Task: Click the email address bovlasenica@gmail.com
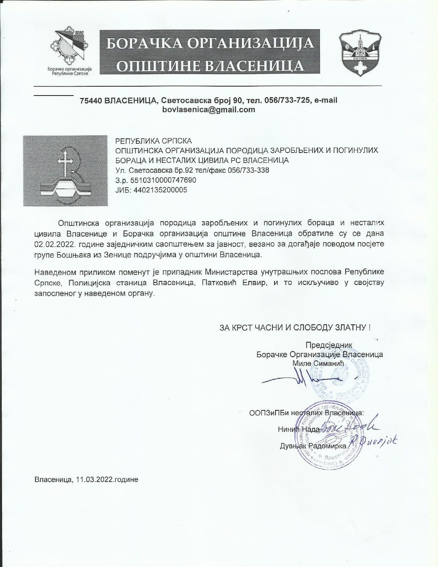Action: click(x=209, y=110)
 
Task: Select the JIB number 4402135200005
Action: click(x=159, y=190)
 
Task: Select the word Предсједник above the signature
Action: click(x=329, y=345)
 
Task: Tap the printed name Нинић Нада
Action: click(x=299, y=429)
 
